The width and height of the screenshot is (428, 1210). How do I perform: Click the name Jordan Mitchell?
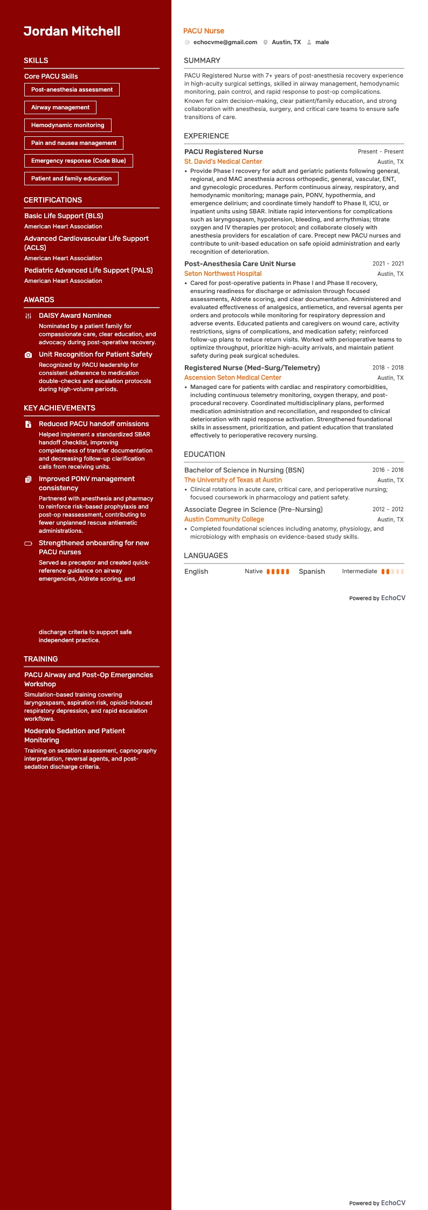pyautogui.click(x=72, y=31)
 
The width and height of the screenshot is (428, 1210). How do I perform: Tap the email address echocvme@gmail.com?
pyautogui.click(x=225, y=42)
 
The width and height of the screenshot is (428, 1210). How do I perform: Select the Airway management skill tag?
pyautogui.click(x=60, y=107)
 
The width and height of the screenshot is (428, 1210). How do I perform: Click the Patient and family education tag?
pyautogui.click(x=71, y=178)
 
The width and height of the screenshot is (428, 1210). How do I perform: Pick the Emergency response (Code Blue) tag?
pyautogui.click(x=78, y=161)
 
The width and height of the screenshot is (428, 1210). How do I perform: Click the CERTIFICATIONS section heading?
pyautogui.click(x=53, y=200)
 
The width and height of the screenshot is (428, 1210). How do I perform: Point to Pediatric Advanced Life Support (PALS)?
pyautogui.click(x=88, y=270)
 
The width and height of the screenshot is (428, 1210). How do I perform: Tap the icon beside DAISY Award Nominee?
pyautogui.click(x=29, y=316)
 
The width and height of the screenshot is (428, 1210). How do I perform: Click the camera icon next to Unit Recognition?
pyautogui.click(x=29, y=355)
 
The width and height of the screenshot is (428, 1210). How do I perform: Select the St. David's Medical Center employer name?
pyautogui.click(x=223, y=162)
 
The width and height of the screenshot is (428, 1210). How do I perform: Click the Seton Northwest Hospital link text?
pyautogui.click(x=223, y=274)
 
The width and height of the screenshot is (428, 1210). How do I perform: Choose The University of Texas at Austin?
pyautogui.click(x=233, y=480)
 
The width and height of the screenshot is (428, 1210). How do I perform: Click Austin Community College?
pyautogui.click(x=224, y=519)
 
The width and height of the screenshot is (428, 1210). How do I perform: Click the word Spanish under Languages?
pyautogui.click(x=312, y=572)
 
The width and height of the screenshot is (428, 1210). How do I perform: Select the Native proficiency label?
pyautogui.click(x=253, y=571)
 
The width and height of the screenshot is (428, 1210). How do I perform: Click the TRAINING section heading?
pyautogui.click(x=40, y=659)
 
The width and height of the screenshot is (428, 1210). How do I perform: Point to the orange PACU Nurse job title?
pyautogui.click(x=203, y=31)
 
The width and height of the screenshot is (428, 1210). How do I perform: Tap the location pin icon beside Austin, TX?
pyautogui.click(x=265, y=42)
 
